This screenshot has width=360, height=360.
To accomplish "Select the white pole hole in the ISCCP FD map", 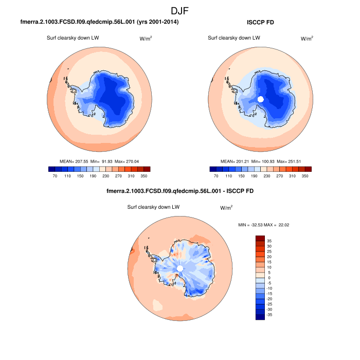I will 260,99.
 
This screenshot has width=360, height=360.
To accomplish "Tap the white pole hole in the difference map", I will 180,269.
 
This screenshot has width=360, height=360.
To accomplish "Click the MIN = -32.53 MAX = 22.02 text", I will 264,225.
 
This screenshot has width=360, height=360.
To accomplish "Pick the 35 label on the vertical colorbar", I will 269,240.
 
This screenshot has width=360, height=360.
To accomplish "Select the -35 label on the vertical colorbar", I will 269,314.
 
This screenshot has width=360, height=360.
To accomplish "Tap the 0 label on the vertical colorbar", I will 268,277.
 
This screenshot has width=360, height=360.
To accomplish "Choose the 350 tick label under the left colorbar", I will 145,176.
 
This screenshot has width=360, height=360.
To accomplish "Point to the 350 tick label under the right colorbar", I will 306,176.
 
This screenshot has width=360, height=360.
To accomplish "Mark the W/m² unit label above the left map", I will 146,38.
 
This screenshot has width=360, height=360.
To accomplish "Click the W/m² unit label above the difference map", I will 226,208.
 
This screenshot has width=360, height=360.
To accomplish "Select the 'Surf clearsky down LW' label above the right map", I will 233,38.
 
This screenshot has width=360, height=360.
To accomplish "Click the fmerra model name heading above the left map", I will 99,23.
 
